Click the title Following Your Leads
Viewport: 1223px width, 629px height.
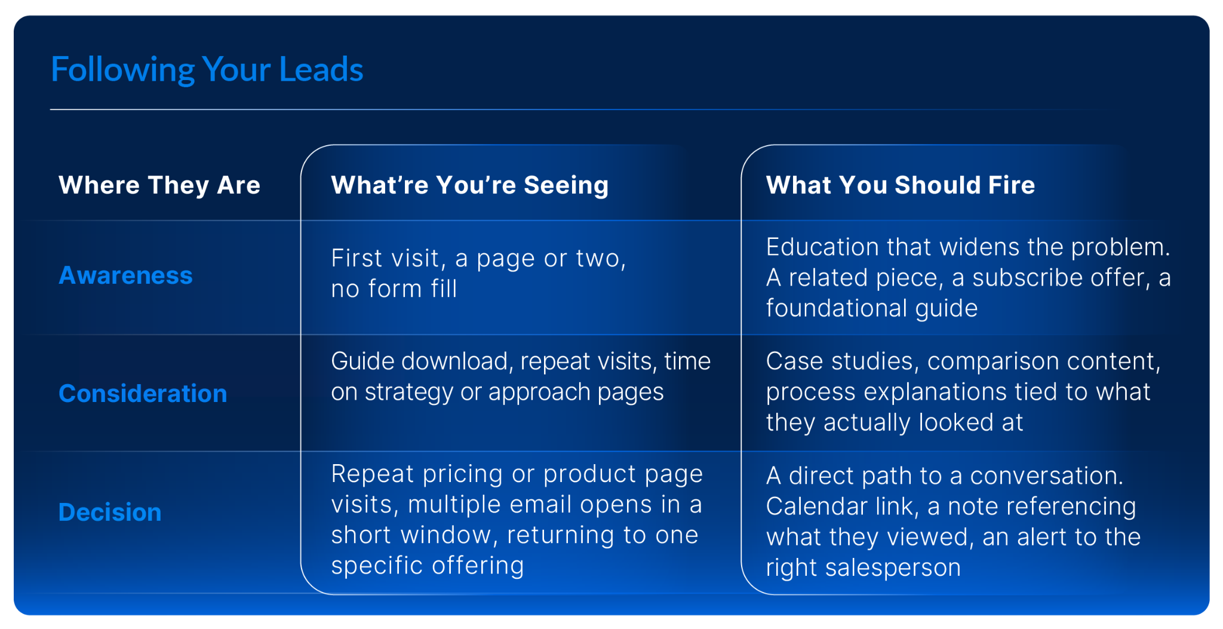pyautogui.click(x=207, y=70)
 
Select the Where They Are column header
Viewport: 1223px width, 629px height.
pyautogui.click(x=159, y=185)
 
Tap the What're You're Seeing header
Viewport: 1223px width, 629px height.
pyautogui.click(x=470, y=185)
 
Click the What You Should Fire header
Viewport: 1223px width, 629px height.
pyautogui.click(x=901, y=185)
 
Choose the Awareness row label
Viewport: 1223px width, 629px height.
pyautogui.click(x=125, y=275)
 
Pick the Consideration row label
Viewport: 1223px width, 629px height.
pyautogui.click(x=143, y=394)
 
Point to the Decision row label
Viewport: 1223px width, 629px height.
pyautogui.click(x=110, y=513)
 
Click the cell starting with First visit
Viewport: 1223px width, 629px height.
pyautogui.click(x=479, y=274)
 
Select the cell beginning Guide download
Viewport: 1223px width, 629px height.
pyautogui.click(x=521, y=376)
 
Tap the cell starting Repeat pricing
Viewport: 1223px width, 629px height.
pyautogui.click(x=517, y=520)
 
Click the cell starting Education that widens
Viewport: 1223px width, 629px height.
pyautogui.click(x=969, y=277)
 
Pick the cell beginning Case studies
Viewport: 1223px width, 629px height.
pyautogui.click(x=963, y=391)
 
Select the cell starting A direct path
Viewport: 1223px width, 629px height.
pyautogui.click(x=954, y=521)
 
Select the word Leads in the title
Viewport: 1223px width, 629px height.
pyautogui.click(x=321, y=70)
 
